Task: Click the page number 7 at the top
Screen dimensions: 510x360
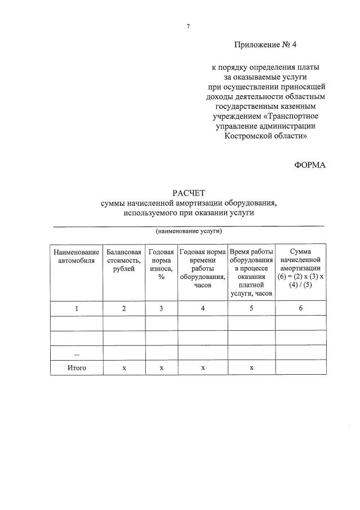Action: [188, 26]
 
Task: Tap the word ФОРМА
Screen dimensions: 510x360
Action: [310, 164]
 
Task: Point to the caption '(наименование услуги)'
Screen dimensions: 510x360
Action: [189, 231]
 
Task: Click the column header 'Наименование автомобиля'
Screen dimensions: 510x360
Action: [77, 256]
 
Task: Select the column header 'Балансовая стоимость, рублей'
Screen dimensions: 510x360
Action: [124, 260]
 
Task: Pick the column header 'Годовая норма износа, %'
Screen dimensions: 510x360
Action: [161, 264]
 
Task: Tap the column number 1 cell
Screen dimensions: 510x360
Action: [77, 308]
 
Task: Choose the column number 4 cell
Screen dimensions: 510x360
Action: [202, 308]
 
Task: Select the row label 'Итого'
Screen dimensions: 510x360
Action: [77, 367]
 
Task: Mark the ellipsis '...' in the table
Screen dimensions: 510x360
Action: [77, 353]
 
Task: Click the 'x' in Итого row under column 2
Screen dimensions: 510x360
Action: [124, 367]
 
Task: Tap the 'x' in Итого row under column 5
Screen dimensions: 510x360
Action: [251, 367]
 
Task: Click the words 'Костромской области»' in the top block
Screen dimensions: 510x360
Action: [266, 136]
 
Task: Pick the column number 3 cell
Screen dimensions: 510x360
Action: [161, 308]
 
